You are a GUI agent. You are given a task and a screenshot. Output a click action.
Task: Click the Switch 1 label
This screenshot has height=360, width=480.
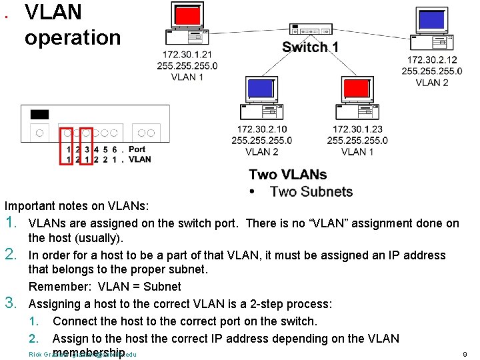click(x=310, y=47)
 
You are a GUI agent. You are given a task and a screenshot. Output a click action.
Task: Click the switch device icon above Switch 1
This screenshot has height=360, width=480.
click(x=311, y=30)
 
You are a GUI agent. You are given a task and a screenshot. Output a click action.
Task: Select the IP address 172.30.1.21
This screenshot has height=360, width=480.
click(x=187, y=54)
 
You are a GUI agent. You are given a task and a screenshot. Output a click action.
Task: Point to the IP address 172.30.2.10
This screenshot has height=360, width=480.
click(x=261, y=129)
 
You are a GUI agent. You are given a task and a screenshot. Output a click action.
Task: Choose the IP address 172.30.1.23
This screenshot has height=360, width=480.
click(x=357, y=129)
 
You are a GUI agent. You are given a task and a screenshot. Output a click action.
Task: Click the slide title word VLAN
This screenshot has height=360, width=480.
click(x=53, y=12)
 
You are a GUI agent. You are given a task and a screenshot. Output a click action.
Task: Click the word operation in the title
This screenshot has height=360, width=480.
click(x=73, y=37)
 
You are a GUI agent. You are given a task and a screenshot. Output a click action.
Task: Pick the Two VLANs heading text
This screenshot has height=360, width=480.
click(x=287, y=175)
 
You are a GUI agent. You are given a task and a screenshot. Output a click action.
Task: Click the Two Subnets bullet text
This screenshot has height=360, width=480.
click(x=311, y=192)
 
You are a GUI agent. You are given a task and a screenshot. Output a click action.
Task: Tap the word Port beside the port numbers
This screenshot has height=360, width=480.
click(x=137, y=149)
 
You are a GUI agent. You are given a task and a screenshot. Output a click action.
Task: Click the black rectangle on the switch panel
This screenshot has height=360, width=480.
click(x=39, y=115)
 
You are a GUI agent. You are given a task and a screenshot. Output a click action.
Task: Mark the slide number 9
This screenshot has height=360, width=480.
click(x=464, y=354)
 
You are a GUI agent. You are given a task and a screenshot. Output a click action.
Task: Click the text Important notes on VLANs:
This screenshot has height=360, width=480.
click(x=77, y=206)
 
